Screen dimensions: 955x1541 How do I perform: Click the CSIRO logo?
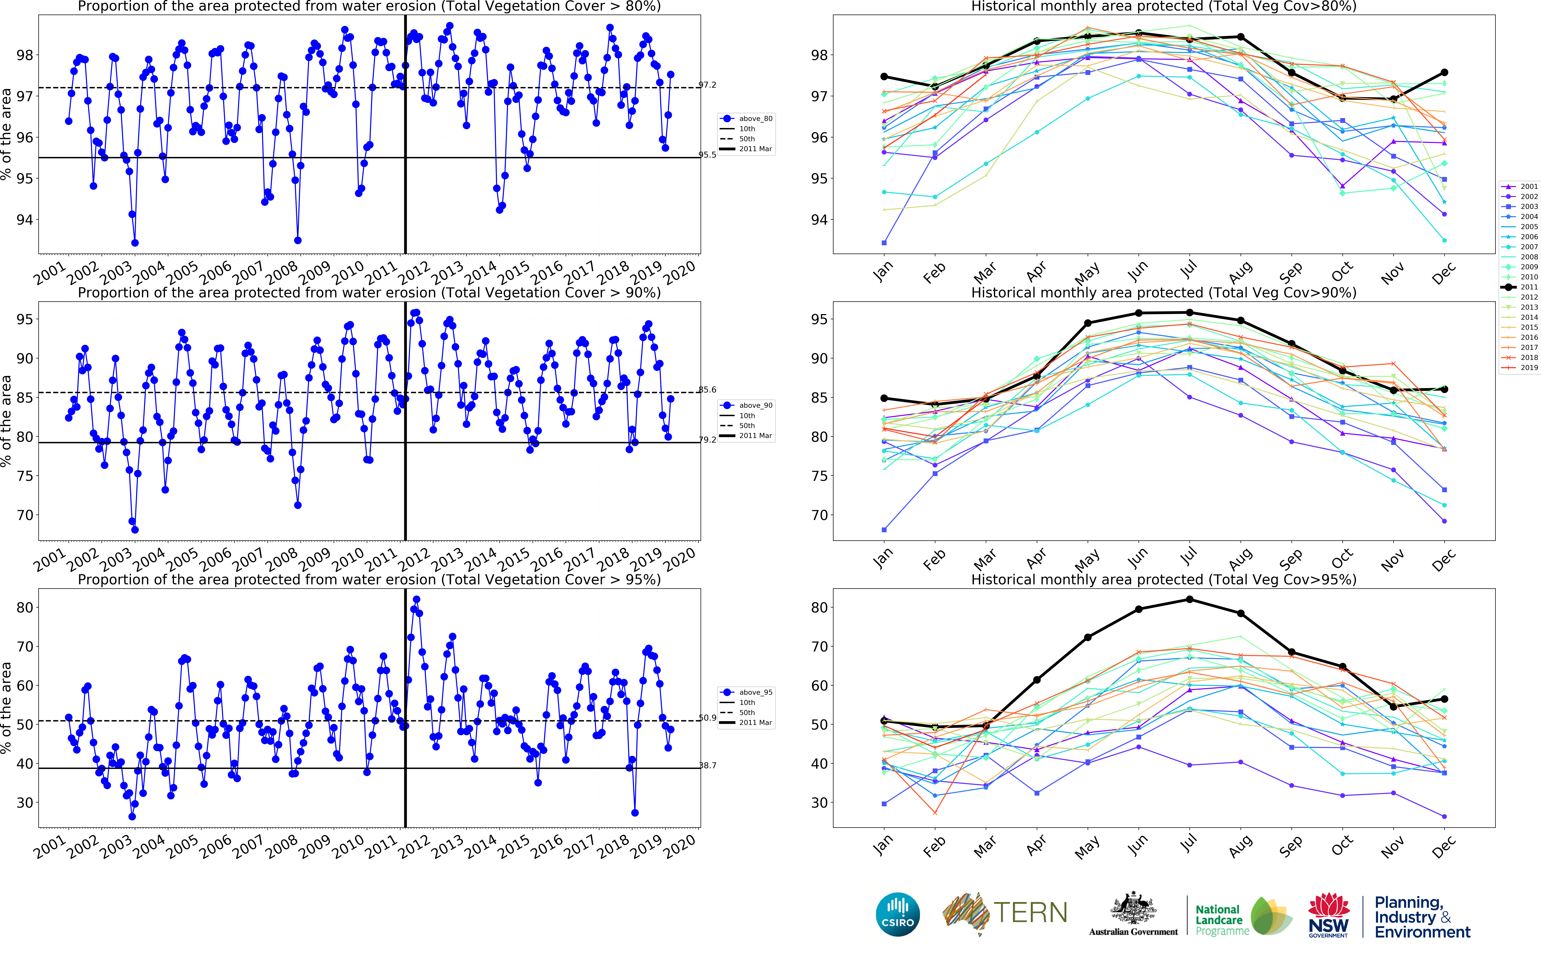click(x=897, y=914)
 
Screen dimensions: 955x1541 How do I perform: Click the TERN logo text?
click(x=1030, y=913)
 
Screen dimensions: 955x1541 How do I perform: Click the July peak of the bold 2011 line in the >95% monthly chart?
click(x=1189, y=599)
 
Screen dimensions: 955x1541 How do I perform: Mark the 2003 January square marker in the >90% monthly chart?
click(x=884, y=530)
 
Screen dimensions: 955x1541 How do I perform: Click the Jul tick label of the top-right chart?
click(x=1189, y=270)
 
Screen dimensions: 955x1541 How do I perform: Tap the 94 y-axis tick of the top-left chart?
click(x=24, y=220)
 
